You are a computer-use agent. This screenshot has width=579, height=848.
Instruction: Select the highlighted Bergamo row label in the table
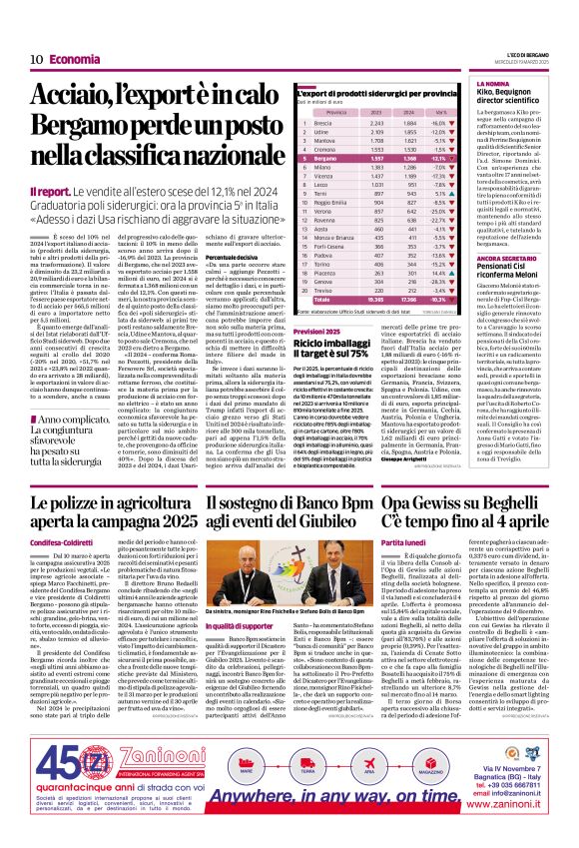pos(309,187)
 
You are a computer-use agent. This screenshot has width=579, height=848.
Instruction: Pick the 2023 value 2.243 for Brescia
pos(348,150)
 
